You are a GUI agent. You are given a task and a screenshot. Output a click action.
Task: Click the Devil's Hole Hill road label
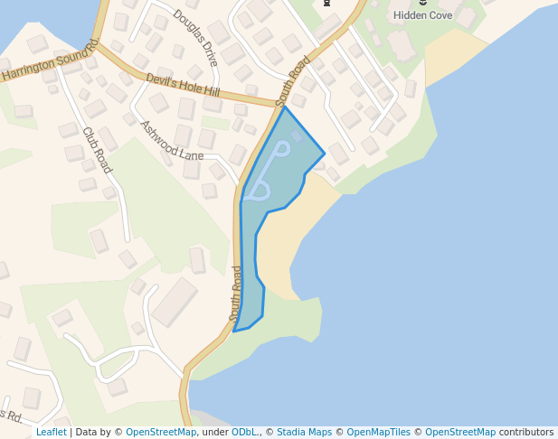(182, 86)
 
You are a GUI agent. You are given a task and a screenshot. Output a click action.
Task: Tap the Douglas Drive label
(195, 33)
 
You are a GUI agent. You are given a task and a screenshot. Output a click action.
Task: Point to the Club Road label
(97, 150)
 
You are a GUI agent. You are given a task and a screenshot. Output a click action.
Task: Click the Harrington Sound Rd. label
(50, 62)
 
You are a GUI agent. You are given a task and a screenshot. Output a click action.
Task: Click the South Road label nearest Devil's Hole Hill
(293, 82)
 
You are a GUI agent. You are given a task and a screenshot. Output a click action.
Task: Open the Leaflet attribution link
(51, 432)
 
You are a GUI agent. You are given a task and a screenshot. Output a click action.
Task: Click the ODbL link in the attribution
(244, 432)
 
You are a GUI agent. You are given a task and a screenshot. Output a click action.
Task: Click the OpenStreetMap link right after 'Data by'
(161, 432)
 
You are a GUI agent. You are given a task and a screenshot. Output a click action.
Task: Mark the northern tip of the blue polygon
(285, 107)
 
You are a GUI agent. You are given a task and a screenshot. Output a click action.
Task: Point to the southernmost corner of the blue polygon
(234, 332)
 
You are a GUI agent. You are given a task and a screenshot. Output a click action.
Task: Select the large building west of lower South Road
(175, 302)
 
